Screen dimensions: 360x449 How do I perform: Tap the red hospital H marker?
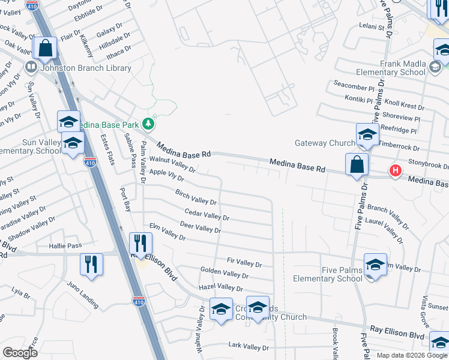[x=395, y=171]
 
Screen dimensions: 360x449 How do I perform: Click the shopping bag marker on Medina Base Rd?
[x=357, y=164]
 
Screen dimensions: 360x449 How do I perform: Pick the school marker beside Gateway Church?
[x=367, y=134]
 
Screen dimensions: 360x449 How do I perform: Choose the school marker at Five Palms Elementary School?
[x=375, y=265]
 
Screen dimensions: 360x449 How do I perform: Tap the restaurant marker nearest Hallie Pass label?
[x=91, y=264]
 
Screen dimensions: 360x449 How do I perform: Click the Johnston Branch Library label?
[x=85, y=68]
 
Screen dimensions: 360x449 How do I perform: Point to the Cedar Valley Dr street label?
[x=207, y=214]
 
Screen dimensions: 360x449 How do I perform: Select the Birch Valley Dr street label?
[x=196, y=197]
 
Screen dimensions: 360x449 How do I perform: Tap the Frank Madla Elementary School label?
[x=394, y=68]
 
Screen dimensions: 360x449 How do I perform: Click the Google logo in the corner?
[x=20, y=353]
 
